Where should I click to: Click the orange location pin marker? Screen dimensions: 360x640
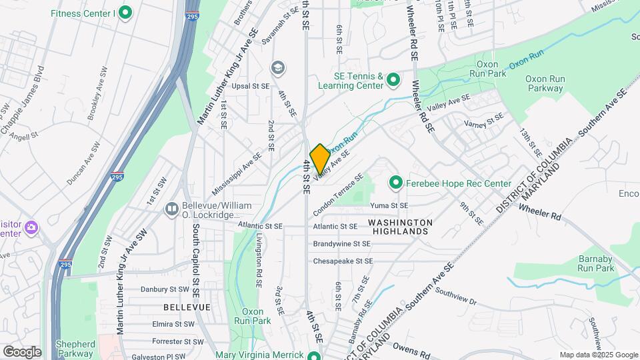[x=319, y=159]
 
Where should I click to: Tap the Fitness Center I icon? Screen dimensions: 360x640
[x=125, y=13]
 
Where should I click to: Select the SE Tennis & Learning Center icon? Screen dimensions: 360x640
[x=393, y=81]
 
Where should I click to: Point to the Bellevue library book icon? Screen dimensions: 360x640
[x=172, y=209]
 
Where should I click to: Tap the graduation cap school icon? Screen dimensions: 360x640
[x=277, y=67]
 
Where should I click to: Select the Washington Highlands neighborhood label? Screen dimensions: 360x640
[x=400, y=226]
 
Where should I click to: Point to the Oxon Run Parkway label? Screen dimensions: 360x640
[x=545, y=83]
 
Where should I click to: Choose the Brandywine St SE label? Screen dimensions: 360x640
[x=341, y=244]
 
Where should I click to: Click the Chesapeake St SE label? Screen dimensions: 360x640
[x=343, y=261]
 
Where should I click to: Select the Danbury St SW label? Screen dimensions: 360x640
[x=165, y=289]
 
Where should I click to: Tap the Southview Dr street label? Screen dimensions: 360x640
[x=455, y=297]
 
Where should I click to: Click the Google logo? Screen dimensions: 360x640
[x=22, y=351]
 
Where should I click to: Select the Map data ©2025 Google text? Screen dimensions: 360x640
[x=598, y=355]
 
